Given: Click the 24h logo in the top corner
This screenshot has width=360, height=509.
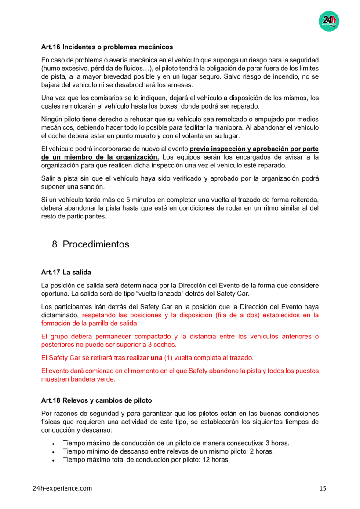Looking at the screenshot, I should (329, 21).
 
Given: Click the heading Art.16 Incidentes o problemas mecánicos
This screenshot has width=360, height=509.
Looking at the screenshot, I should (107, 47).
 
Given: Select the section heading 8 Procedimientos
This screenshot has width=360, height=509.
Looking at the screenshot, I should (91, 244).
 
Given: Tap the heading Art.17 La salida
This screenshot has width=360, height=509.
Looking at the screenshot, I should (66, 273).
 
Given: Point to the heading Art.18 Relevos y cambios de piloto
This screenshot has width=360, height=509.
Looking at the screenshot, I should (96, 400).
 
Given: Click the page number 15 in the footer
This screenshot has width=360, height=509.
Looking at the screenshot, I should (323, 488).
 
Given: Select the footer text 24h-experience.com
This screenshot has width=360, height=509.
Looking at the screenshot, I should (62, 488).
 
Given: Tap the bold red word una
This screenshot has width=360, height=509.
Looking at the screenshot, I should (156, 358).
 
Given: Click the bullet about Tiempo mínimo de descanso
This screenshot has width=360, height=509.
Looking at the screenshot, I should (168, 451).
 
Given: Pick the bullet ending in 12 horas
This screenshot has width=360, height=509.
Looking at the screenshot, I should (146, 460).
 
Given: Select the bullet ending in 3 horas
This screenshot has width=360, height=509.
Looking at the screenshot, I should (176, 443).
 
